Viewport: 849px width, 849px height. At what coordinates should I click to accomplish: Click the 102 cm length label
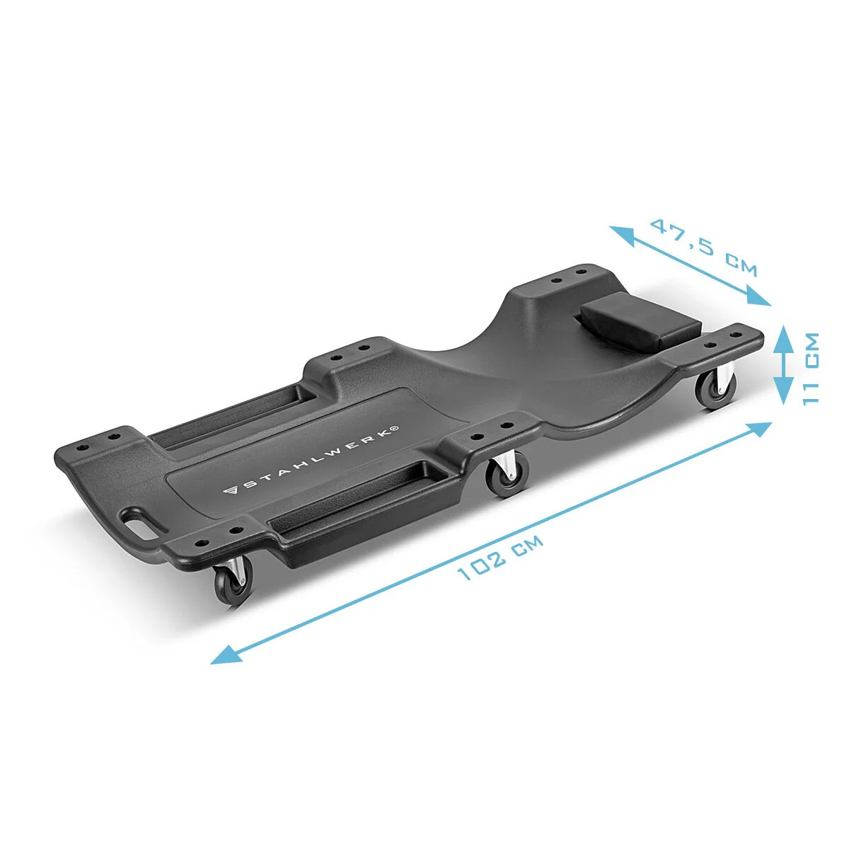pos(499,557)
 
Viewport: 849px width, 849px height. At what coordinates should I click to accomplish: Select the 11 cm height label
pos(812,369)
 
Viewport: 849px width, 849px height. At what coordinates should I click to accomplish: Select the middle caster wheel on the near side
pos(507,475)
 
